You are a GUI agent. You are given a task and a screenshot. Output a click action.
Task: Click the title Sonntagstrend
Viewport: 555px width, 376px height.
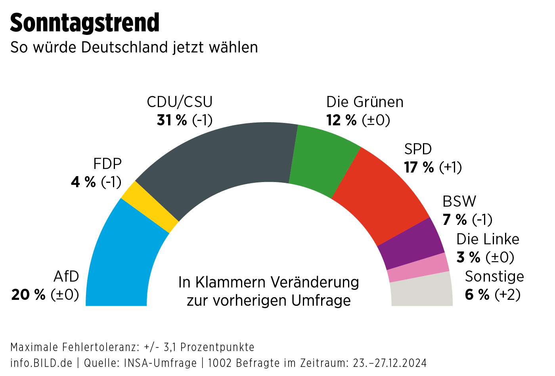84,23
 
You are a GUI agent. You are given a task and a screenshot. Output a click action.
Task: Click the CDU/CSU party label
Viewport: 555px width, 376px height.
180,102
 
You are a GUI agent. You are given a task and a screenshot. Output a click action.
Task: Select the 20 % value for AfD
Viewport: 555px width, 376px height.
28,295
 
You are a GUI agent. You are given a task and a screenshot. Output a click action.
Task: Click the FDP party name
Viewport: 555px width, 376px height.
107,164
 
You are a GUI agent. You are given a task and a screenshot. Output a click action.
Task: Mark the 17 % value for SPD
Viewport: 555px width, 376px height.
419,167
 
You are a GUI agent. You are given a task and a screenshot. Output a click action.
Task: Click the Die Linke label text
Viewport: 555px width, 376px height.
488,239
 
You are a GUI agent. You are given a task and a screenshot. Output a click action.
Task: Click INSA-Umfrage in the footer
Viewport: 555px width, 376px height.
161,363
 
